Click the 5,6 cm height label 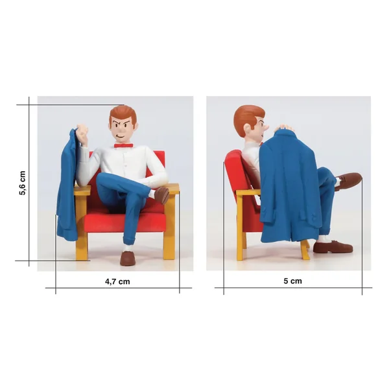[22, 183]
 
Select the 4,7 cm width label [117, 281]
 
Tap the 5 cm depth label [293, 281]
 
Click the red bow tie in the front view [123, 145]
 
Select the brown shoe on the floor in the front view [128, 258]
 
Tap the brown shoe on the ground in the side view [333, 246]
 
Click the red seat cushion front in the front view [124, 222]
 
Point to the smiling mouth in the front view [121, 136]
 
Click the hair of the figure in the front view [123, 115]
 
